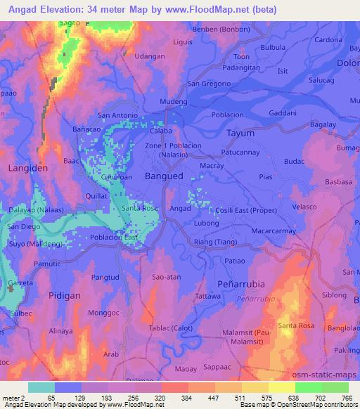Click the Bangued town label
tap(164, 176)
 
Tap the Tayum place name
tap(240, 133)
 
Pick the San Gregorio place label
tap(207, 84)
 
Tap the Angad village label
tap(180, 209)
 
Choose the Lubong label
tap(206, 223)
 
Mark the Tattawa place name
tap(207, 297)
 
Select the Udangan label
tap(148, 56)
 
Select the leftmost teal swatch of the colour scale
tap(41, 387)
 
